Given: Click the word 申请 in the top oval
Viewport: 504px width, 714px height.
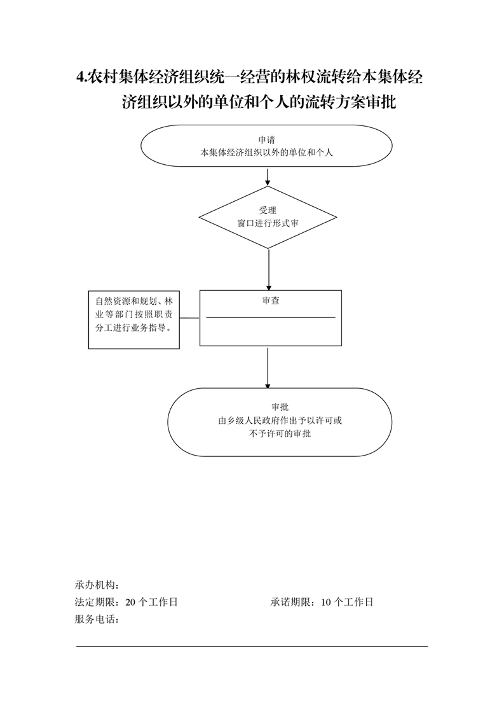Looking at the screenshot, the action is (266, 140).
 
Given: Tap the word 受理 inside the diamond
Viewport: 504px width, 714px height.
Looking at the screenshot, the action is (268, 211).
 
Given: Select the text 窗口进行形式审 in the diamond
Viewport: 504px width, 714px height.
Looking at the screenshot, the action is (268, 223).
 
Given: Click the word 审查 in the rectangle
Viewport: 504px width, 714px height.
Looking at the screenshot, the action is (271, 300).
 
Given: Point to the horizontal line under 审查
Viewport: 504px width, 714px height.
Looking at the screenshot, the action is (271, 317).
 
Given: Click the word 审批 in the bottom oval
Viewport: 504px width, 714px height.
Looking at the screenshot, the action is (280, 407).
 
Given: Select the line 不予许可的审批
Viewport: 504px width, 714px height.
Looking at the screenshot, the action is (280, 433).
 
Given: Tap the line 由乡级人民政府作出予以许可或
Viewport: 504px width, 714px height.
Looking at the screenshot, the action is (280, 420).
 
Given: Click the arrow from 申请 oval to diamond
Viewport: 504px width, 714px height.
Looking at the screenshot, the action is (268, 177).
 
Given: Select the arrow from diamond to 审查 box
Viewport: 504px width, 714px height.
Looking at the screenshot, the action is (269, 270).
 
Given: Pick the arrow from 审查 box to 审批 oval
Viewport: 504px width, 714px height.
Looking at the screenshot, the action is (268, 368).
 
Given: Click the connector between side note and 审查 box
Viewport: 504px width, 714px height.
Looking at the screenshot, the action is (189, 318).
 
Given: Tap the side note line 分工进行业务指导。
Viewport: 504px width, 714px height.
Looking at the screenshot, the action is (133, 328).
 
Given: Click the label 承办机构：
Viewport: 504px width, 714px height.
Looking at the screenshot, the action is (97, 585).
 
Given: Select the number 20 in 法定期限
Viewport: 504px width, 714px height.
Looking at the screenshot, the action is (130, 602).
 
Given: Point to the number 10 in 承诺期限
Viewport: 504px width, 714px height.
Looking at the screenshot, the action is (325, 602).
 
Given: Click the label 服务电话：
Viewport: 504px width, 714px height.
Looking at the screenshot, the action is (97, 619).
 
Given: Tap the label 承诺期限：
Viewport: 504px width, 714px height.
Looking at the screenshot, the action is (293, 602).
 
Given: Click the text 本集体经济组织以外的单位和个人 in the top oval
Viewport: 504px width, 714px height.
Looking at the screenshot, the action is (266, 153).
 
